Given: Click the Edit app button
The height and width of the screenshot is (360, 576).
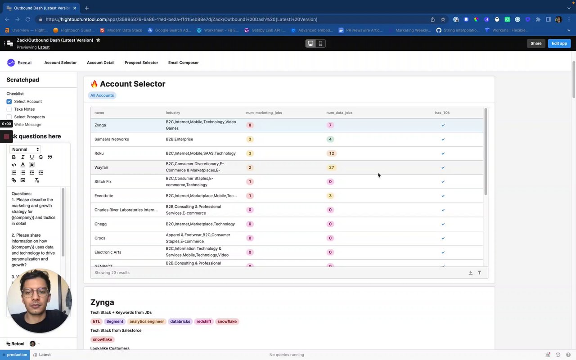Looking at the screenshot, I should [x=559, y=43].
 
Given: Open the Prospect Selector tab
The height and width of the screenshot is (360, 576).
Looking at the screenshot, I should [x=141, y=63].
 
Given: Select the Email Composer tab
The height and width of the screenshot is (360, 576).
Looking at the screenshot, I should [x=183, y=63].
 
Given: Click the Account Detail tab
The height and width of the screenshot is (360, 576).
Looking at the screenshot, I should [x=100, y=63].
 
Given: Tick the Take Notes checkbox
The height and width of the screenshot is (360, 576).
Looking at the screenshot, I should [x=9, y=109].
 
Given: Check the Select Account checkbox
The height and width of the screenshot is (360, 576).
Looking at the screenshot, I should [x=9, y=102].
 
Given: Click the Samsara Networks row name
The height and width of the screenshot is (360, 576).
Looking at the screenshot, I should [x=112, y=139].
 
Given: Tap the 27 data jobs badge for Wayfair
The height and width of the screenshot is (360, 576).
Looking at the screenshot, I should [x=332, y=167].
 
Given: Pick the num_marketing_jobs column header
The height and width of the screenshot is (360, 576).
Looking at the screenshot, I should [x=264, y=112].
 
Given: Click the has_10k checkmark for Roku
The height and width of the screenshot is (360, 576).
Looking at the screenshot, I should [x=443, y=153].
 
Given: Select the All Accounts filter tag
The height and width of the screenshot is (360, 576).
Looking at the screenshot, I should [x=102, y=95].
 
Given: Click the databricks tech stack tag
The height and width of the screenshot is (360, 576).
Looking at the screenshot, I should [x=180, y=321].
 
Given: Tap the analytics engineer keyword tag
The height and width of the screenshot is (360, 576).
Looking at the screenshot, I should [x=147, y=321].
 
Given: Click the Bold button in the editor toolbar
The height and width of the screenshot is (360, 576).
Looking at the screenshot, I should [x=14, y=157].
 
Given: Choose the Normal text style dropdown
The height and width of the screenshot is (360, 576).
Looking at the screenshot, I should [x=25, y=149].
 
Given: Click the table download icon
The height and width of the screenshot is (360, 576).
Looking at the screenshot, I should [x=471, y=273].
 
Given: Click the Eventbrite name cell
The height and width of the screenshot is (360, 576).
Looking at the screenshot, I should [x=104, y=196].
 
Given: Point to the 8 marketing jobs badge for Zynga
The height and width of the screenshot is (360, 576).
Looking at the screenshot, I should [x=250, y=125].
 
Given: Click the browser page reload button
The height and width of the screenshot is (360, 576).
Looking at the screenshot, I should [x=28, y=19].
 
